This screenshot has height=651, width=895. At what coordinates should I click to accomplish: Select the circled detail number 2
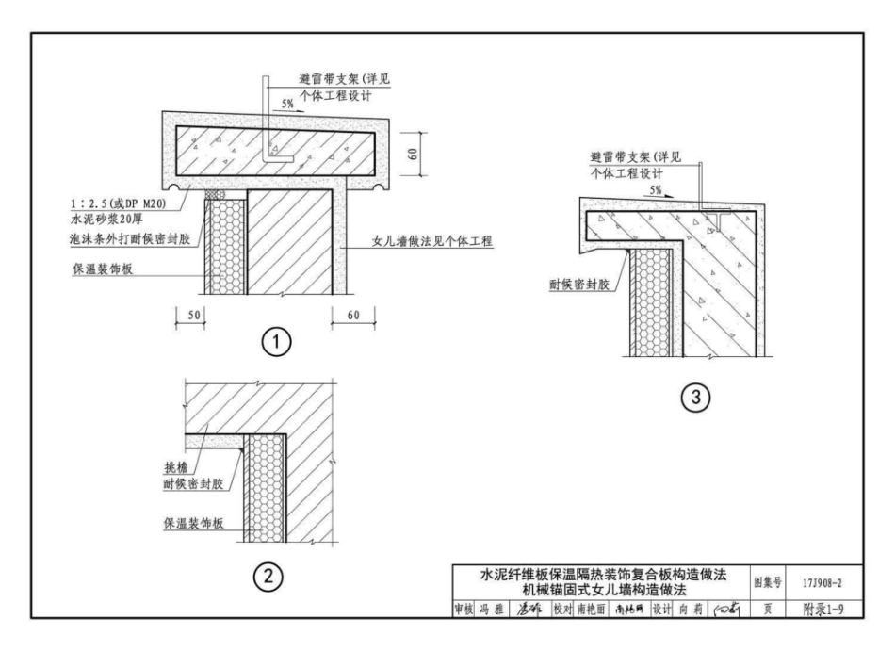tap(268, 577)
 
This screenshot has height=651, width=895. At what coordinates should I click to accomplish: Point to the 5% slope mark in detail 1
tap(286, 104)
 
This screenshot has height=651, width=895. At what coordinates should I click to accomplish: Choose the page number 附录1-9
tap(823, 610)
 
